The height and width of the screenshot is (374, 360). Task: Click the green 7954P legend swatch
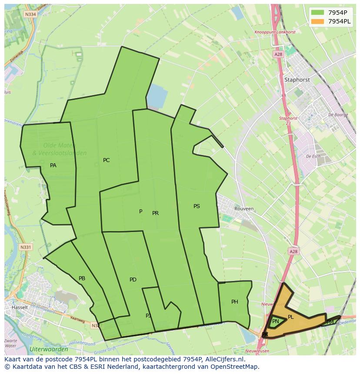coord(317,13)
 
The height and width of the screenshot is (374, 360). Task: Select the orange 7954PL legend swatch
coord(317,21)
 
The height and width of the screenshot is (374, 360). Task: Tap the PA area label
coord(53,165)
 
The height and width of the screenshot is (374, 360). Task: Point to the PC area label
coord(106,160)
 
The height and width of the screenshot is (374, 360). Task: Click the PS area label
coord(197,206)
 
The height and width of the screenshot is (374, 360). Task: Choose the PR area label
coord(155,213)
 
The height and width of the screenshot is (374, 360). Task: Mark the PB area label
coord(82,278)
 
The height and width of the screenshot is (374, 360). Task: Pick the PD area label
coord(133,280)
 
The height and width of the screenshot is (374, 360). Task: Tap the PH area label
coord(235,302)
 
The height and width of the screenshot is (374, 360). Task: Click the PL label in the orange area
coord(291,317)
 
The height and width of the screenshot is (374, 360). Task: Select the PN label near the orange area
coord(276,321)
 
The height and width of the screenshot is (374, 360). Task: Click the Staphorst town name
coord(297,80)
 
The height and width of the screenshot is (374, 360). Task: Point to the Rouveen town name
coord(244,209)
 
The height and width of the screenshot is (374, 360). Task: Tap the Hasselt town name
coord(20,307)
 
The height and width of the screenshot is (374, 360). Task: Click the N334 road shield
coord(30,14)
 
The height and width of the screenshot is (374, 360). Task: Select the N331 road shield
coord(26,247)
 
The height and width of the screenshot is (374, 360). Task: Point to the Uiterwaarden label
coord(49,349)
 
